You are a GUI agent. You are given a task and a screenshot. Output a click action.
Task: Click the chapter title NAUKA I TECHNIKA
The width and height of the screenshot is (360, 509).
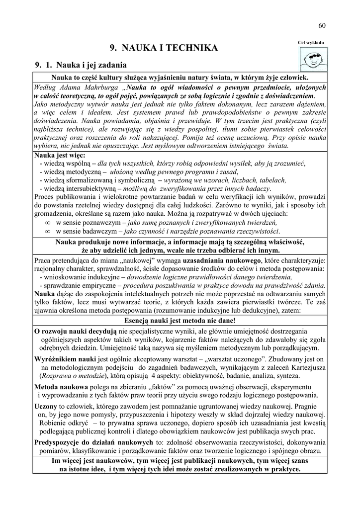[x=163, y=48]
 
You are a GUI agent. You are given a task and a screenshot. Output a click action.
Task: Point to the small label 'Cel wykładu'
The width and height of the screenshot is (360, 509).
[x=311, y=43]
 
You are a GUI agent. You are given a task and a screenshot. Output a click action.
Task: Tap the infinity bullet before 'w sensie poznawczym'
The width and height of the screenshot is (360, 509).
[x=48, y=223]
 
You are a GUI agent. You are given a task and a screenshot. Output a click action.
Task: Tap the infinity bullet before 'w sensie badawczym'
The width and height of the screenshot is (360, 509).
[x=48, y=231]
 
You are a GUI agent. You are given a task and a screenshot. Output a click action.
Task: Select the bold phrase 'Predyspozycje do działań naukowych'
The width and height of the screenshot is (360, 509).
[x=93, y=442]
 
